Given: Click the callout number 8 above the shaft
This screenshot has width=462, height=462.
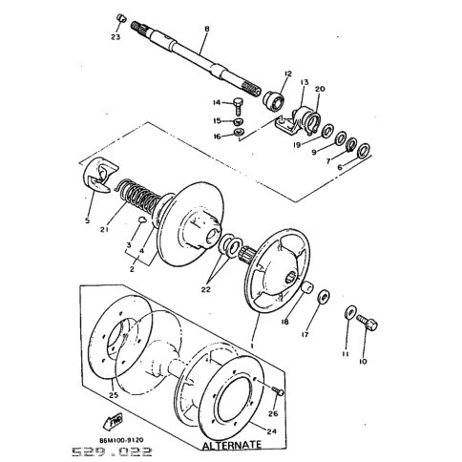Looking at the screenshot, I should pos(206,30).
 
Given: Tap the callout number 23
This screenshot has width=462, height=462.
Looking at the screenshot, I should pos(115,37).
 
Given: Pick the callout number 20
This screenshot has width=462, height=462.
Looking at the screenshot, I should pos(320,89).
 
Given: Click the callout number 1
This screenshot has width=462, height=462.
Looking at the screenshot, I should pos(250,340).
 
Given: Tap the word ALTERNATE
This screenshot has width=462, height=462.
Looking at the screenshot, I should pos(229,446).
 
